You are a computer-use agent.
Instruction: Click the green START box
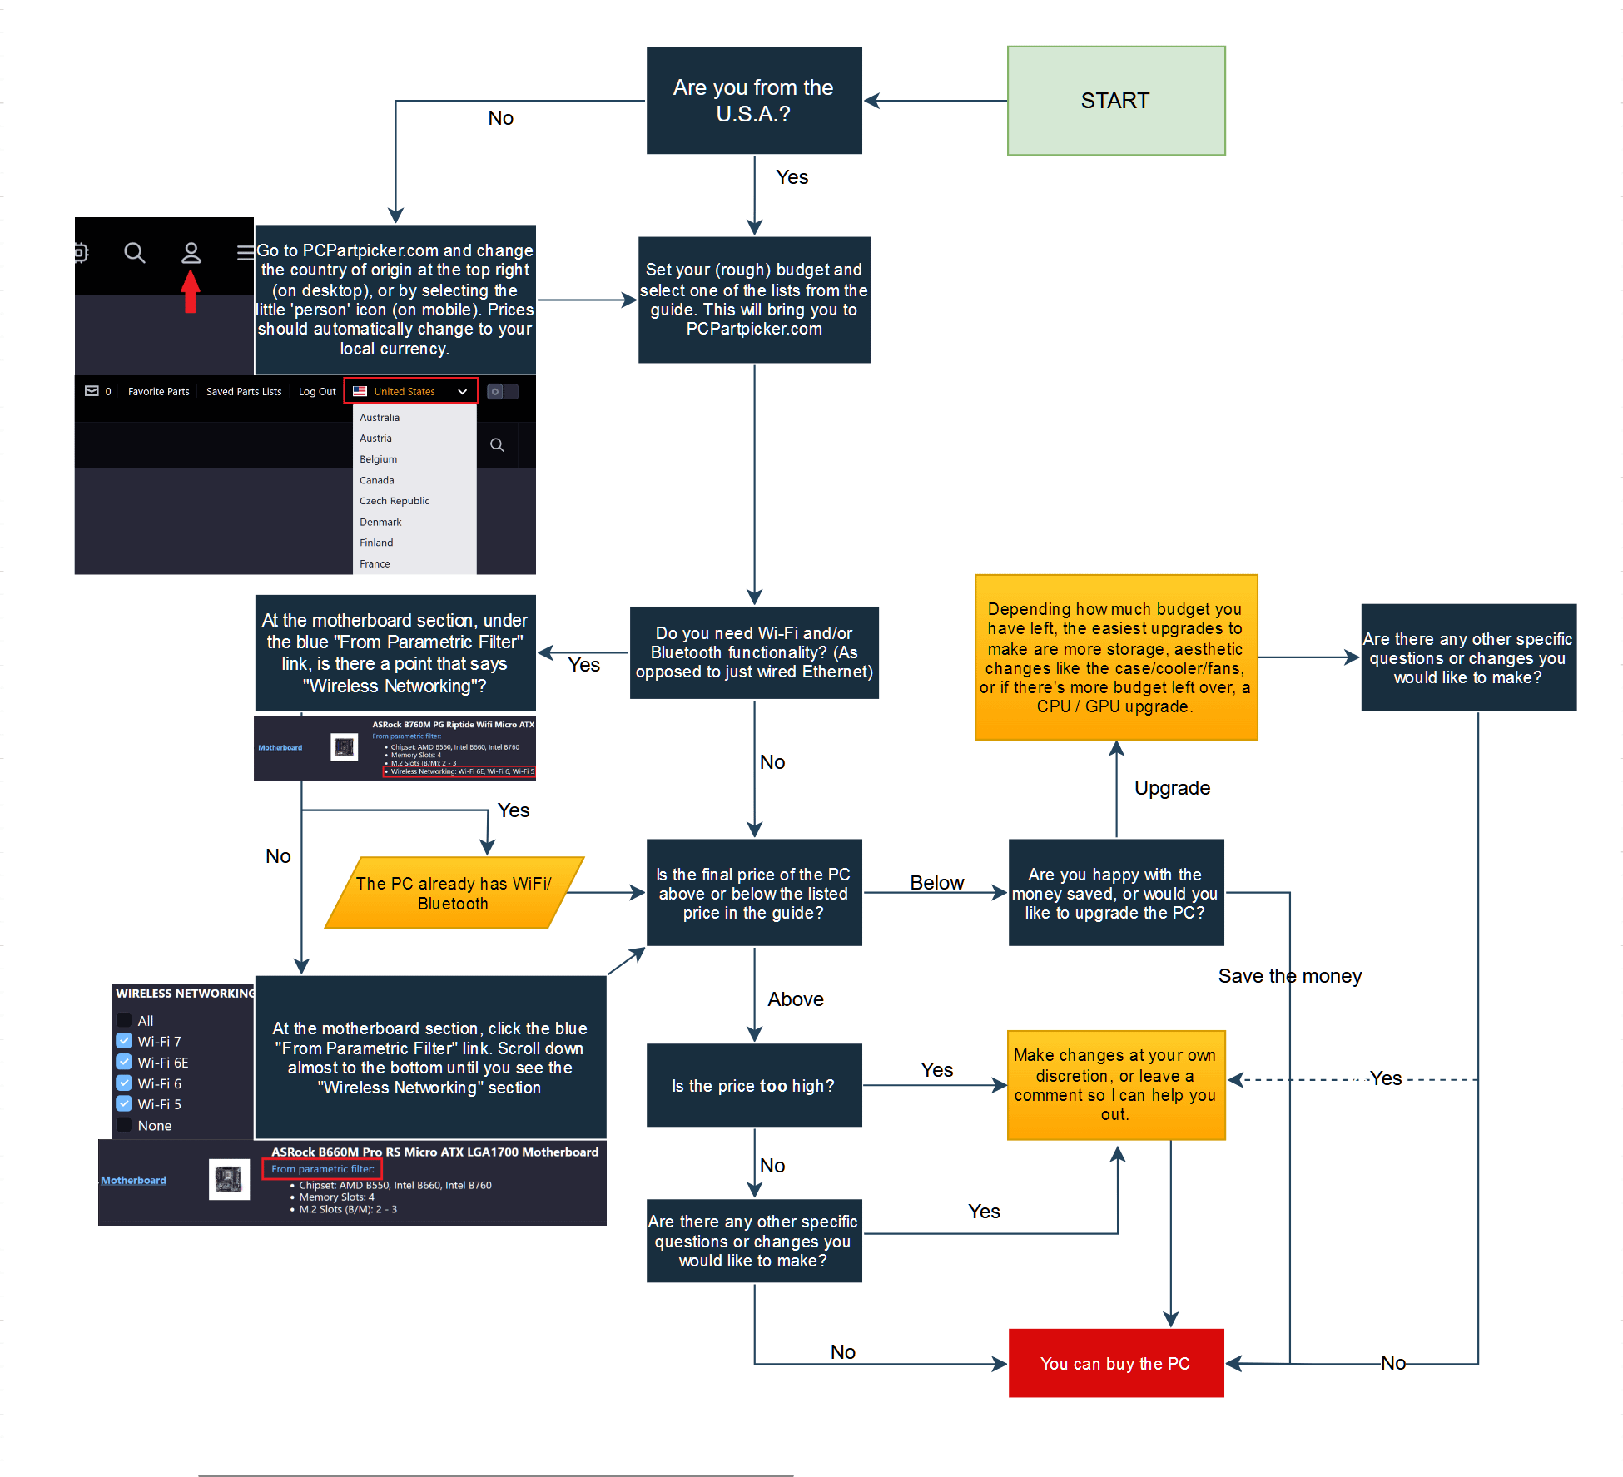pos(1115,101)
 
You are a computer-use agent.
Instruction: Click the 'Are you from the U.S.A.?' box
pos(753,101)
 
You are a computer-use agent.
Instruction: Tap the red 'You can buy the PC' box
pos(1115,1363)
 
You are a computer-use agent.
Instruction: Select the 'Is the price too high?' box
pos(753,1085)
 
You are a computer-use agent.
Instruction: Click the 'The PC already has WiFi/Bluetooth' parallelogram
pos(454,893)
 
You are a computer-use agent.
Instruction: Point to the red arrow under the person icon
pos(191,292)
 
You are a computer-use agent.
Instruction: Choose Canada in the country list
pos(377,480)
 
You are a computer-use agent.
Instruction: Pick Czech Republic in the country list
pos(395,501)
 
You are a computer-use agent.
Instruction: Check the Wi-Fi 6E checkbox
pos(124,1062)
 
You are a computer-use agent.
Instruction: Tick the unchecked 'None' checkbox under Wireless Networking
pos(124,1125)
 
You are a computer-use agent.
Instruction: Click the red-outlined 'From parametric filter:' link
pos(322,1169)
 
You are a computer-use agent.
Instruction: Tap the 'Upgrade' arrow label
pos(1172,788)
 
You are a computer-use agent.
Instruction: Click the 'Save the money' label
pos(1289,976)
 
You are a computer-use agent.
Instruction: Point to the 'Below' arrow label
pos(936,883)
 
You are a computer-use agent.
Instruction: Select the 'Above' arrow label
pos(795,999)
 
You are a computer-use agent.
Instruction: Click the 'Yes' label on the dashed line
pos(1386,1078)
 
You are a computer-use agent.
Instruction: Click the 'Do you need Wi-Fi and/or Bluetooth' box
pos(753,652)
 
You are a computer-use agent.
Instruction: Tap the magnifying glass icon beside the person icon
pos(135,253)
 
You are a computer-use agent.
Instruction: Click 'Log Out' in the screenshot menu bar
pos(317,391)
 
